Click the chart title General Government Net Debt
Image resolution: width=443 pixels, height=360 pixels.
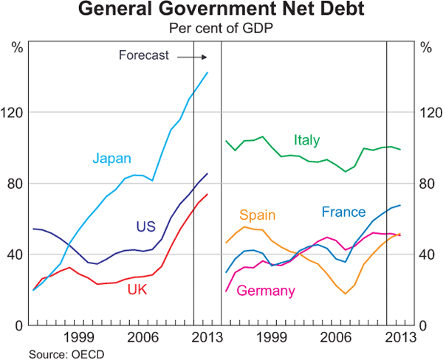(221, 10)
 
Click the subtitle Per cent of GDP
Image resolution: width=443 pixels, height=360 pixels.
(221, 28)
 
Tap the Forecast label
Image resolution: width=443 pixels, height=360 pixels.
(144, 55)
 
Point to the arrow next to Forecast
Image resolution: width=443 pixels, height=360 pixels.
(193, 56)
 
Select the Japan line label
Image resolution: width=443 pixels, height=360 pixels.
(111, 158)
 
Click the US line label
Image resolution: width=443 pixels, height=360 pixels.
(146, 226)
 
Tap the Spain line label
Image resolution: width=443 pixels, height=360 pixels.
(257, 215)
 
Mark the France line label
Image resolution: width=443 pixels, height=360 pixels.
(343, 212)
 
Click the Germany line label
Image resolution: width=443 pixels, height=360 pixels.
(265, 291)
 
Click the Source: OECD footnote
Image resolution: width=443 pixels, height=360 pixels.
(66, 354)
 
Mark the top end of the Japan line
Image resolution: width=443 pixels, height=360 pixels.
(207, 72)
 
